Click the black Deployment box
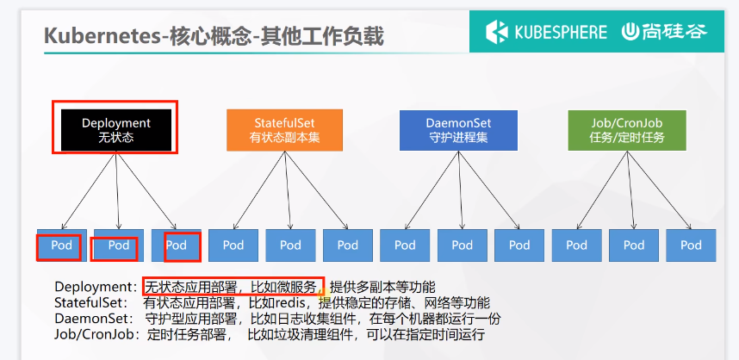pyautogui.click(x=116, y=130)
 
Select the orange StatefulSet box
pyautogui.click(x=284, y=130)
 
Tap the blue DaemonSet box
pyautogui.click(x=458, y=130)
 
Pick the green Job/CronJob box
pyautogui.click(x=627, y=130)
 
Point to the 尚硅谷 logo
pyautogui.click(x=665, y=32)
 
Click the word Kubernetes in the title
pyautogui.click(x=102, y=37)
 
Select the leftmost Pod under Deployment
pyautogui.click(x=61, y=245)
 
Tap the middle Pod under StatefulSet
pyautogui.click(x=291, y=245)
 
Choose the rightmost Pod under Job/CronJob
pyautogui.click(x=691, y=245)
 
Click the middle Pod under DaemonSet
pyautogui.click(x=463, y=245)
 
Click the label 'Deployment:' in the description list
pyautogui.click(x=96, y=287)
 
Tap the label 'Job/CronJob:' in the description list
pyautogui.click(x=97, y=335)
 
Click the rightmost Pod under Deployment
pyautogui.click(x=177, y=245)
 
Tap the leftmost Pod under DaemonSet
pyautogui.click(x=405, y=245)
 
